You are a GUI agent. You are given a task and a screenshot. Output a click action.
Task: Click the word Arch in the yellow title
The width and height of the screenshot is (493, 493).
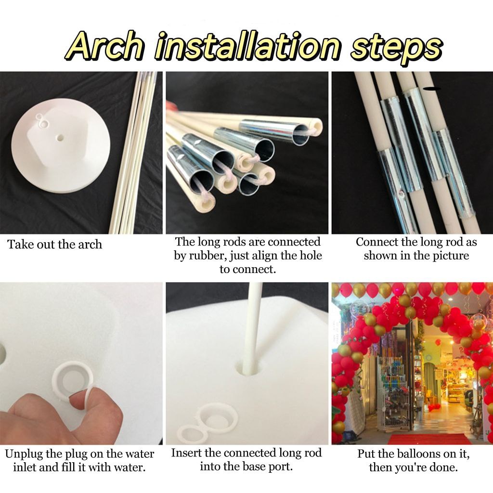tap(104, 47)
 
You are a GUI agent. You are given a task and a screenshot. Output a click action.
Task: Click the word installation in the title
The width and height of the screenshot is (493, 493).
tap(247, 47)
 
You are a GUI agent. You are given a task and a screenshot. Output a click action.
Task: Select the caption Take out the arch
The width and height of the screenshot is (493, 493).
tap(55, 244)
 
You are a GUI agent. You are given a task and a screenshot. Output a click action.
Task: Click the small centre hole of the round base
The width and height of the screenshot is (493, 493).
tap(59, 138)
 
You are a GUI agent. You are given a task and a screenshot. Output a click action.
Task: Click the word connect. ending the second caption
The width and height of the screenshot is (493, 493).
tap(247, 270)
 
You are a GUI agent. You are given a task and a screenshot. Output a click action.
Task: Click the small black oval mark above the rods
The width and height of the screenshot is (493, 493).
tap(431, 89)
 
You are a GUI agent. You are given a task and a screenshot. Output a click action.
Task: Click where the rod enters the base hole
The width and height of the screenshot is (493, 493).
tap(248, 365)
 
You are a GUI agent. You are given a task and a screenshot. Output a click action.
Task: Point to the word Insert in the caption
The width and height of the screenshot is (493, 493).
tap(186, 453)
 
